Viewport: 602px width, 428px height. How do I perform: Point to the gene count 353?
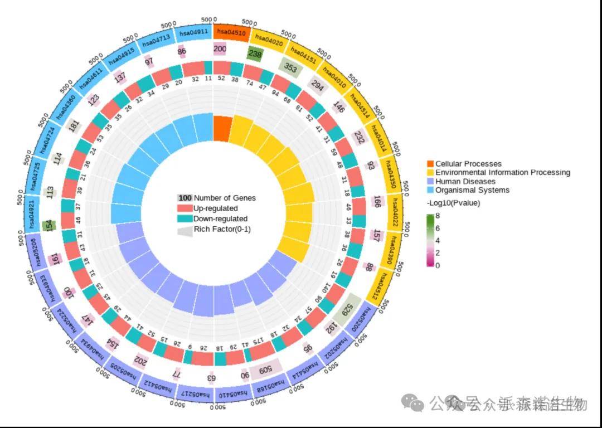[290, 68]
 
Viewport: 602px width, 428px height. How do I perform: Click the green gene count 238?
[255, 54]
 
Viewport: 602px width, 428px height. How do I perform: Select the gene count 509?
[265, 369]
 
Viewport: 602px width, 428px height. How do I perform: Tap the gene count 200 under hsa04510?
[220, 49]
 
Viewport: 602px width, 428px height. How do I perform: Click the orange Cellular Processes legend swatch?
[430, 164]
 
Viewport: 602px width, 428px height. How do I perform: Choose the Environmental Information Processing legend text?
[502, 173]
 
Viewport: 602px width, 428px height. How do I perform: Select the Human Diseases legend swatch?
[430, 181]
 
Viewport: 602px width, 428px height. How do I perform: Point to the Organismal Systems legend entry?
[472, 190]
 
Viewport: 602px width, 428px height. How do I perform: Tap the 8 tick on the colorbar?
[438, 216]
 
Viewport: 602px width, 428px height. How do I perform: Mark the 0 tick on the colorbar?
[438, 265]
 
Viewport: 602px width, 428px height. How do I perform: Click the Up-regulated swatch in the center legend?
[185, 208]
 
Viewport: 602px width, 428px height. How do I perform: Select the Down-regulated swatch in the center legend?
[185, 219]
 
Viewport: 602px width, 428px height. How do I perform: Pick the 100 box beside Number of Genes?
[185, 198]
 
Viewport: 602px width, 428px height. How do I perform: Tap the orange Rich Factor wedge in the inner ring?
[222, 128]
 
